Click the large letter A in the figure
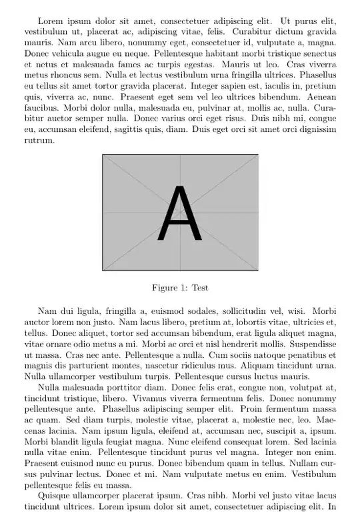[180, 213]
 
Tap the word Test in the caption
[200, 288]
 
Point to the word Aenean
[319, 98]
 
